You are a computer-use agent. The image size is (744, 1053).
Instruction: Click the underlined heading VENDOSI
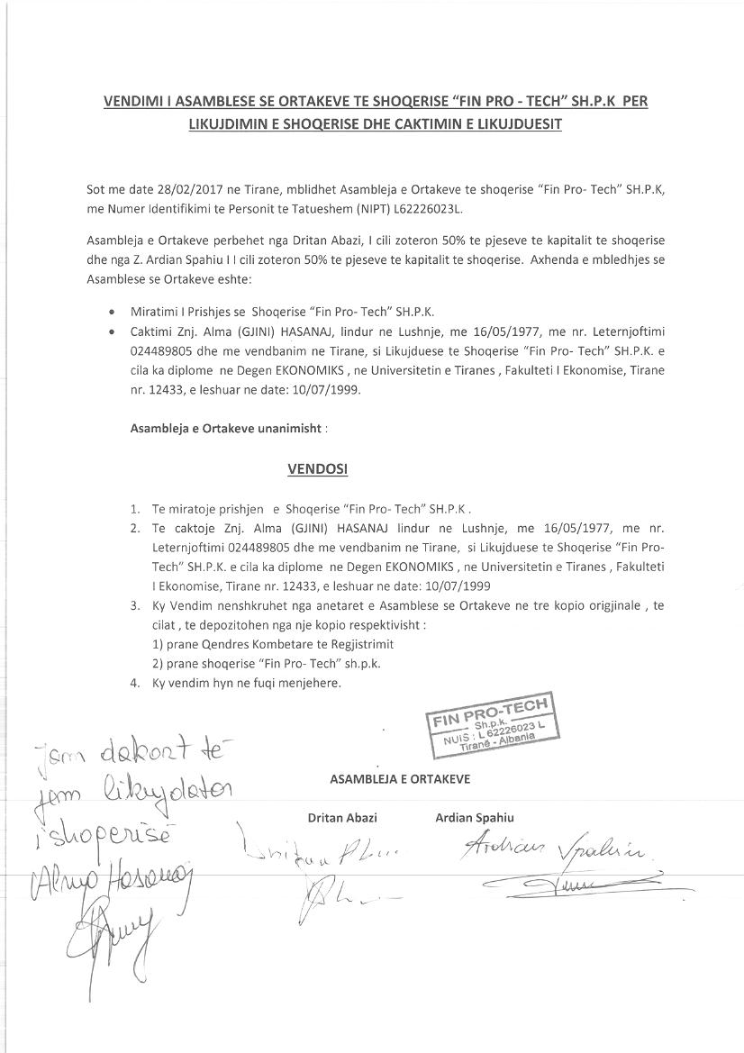point(317,469)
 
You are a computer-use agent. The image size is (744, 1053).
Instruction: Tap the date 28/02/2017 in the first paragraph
point(175,190)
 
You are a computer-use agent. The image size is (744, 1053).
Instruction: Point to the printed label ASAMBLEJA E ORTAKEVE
point(399,778)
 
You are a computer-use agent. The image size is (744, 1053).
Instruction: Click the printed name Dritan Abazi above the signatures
point(342,818)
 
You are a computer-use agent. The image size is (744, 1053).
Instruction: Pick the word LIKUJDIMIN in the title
point(226,124)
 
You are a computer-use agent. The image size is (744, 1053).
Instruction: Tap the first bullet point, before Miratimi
point(111,313)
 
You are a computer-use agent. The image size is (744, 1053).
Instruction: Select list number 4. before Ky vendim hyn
point(134,683)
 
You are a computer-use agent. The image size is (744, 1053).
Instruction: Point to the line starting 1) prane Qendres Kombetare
point(273,644)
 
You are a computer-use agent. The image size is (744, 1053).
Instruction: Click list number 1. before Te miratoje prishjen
point(134,508)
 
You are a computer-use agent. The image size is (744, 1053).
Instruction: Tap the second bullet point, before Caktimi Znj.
point(111,331)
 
